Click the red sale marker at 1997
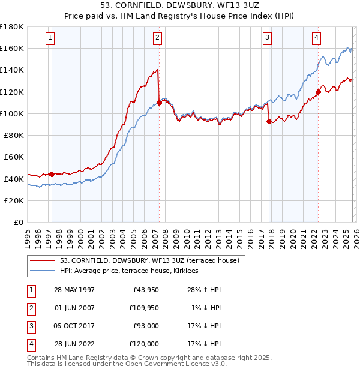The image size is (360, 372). (52, 174)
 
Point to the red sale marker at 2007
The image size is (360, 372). (159, 103)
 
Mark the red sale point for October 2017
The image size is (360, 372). (268, 121)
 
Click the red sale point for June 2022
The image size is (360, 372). (318, 92)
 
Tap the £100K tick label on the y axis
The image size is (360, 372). (12, 113)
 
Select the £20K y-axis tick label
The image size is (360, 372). (14, 200)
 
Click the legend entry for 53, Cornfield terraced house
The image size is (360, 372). (149, 260)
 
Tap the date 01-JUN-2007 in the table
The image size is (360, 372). (74, 308)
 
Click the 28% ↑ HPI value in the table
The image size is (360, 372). (203, 290)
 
